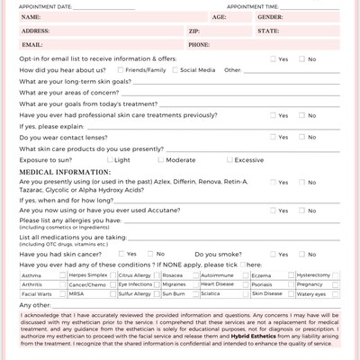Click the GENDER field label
tap(270, 17)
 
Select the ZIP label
tap(194, 31)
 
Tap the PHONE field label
tap(199, 44)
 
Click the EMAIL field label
tap(31, 44)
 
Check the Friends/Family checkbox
tap(120, 69)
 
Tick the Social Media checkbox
tap(174, 69)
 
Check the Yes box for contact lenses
tap(273, 137)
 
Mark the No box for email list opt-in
tap(301, 58)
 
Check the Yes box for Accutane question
tap(273, 211)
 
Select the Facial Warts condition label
tap(35, 293)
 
